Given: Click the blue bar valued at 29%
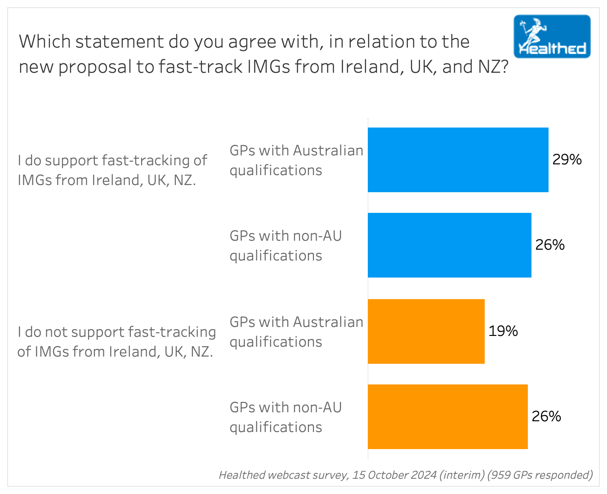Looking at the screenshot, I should pos(458,160).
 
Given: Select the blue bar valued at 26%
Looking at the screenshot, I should pos(449,245).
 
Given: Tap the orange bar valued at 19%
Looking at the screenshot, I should pos(426,331).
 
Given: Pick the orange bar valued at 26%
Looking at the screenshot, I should pos(447,417).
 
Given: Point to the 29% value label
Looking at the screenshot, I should pos(567,160).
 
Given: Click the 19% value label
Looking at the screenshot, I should pos(503,331).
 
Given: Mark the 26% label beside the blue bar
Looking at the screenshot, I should pos(550,245).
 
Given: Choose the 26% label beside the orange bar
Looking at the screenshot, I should pos(546,417).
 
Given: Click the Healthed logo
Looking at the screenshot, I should pos(552,36).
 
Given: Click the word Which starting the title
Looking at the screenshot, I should pos(45,42).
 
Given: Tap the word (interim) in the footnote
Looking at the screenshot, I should pos(462,475).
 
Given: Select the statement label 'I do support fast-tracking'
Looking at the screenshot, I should pos(112,170).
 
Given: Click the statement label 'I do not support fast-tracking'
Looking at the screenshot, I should pos(116,341).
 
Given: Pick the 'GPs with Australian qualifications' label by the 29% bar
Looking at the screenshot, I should pos(296,160).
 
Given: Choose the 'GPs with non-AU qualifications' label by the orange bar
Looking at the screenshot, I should pos(286,417).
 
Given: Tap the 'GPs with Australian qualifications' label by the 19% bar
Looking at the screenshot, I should pos(296,332).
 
